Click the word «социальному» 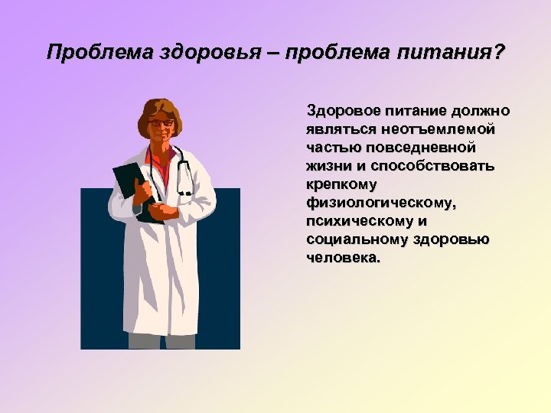coord(357,239)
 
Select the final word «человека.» coord(342,258)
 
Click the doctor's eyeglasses coord(161,122)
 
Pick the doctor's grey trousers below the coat coord(161,341)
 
